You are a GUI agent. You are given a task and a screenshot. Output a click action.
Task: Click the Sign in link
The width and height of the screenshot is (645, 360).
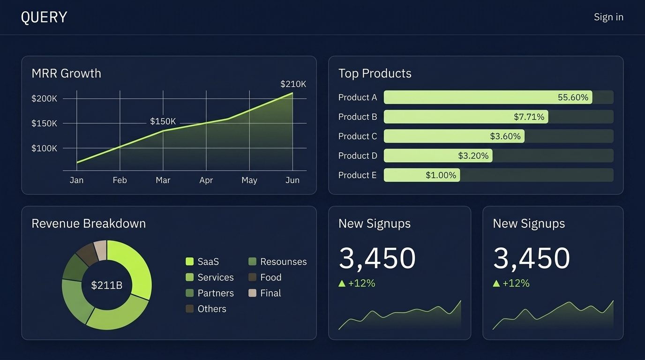click(608, 17)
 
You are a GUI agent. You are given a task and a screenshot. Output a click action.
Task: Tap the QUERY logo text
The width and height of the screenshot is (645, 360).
click(44, 17)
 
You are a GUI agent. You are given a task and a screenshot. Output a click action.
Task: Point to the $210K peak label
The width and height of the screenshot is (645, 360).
click(293, 84)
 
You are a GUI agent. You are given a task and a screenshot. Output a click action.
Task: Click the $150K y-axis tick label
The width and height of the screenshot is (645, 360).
click(44, 123)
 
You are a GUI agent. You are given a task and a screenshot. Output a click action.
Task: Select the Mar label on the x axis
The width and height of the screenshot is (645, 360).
click(163, 180)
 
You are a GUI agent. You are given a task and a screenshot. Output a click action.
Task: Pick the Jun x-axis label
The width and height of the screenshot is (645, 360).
click(292, 180)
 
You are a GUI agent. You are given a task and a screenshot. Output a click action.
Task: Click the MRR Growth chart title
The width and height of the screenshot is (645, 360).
click(66, 73)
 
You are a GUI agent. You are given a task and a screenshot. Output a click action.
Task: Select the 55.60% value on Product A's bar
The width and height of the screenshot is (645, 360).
click(573, 97)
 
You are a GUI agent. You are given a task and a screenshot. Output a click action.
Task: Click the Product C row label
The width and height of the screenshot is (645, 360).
click(358, 136)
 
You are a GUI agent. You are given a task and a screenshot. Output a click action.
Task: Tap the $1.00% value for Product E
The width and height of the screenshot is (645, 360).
click(441, 175)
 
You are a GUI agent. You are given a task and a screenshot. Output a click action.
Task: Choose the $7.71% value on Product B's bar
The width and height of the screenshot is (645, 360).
click(529, 117)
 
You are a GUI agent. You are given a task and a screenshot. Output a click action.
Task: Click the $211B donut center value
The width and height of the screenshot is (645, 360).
click(106, 285)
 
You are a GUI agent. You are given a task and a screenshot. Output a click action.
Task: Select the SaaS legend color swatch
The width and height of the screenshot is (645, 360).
click(189, 262)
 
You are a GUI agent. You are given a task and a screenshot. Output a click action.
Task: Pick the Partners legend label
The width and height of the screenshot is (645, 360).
click(215, 293)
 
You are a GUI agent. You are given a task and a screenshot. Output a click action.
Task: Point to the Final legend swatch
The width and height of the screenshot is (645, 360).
click(252, 293)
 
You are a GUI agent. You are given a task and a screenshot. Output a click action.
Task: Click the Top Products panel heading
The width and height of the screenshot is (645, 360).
click(375, 73)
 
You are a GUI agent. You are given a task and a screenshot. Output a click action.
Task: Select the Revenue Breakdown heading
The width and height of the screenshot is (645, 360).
click(89, 223)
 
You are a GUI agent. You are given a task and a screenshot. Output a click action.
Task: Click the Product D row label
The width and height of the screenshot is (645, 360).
click(358, 156)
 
